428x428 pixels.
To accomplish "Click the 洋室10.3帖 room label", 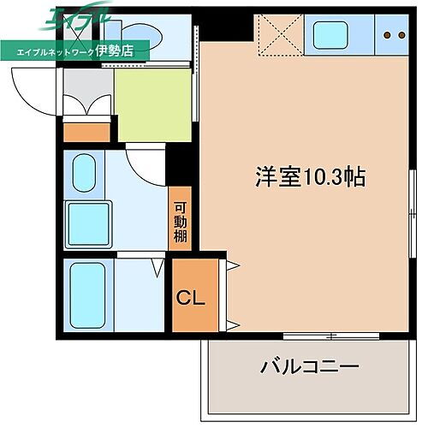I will [310, 178].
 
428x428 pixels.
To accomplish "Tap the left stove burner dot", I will [387, 35].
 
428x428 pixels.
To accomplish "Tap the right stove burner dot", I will [400, 35].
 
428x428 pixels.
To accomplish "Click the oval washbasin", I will [83, 174].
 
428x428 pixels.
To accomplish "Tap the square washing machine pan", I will [90, 224].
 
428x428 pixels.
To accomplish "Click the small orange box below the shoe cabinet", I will [87, 133].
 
